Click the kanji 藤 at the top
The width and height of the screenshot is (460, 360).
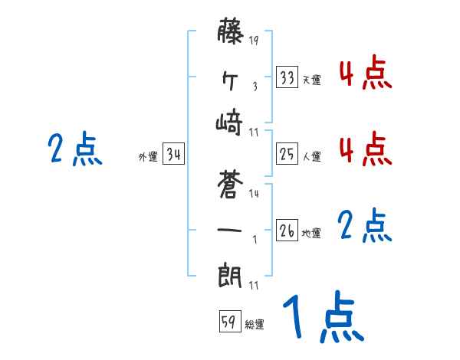[231, 34]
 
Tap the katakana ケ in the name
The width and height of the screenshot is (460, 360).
[230, 78]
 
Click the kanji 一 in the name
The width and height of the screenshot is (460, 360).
[230, 229]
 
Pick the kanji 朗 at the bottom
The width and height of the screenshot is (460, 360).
[231, 273]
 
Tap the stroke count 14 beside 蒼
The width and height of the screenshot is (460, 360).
[254, 195]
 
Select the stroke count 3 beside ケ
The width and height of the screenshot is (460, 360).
[255, 86]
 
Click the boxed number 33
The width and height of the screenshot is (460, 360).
[287, 77]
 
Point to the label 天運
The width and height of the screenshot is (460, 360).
[311, 80]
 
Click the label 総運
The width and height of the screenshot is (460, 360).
[254, 325]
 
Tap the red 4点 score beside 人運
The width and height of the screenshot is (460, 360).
[365, 149]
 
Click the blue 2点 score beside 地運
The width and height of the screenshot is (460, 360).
[365, 226]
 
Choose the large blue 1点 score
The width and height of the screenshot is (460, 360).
[322, 318]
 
